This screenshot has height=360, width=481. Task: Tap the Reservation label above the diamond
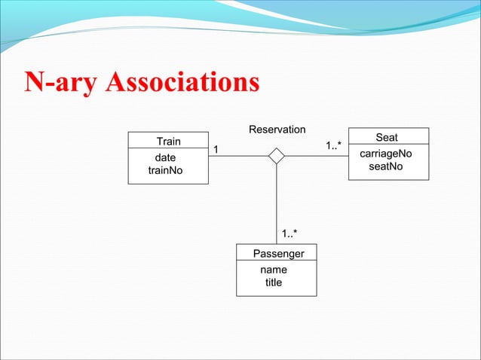[277, 130]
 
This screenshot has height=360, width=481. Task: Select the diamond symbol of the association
[277, 156]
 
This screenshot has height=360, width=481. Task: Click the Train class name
[168, 142]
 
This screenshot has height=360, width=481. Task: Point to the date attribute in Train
[166, 158]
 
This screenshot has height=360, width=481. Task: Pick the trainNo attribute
[166, 171]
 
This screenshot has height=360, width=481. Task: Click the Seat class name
[387, 138]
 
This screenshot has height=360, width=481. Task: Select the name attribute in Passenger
[273, 269]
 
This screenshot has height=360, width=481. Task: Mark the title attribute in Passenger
[273, 282]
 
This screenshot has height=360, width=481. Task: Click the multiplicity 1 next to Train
[216, 149]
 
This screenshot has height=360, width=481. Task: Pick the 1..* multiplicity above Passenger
[290, 233]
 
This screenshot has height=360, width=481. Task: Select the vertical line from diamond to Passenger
[277, 203]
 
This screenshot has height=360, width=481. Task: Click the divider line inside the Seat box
[388, 145]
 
